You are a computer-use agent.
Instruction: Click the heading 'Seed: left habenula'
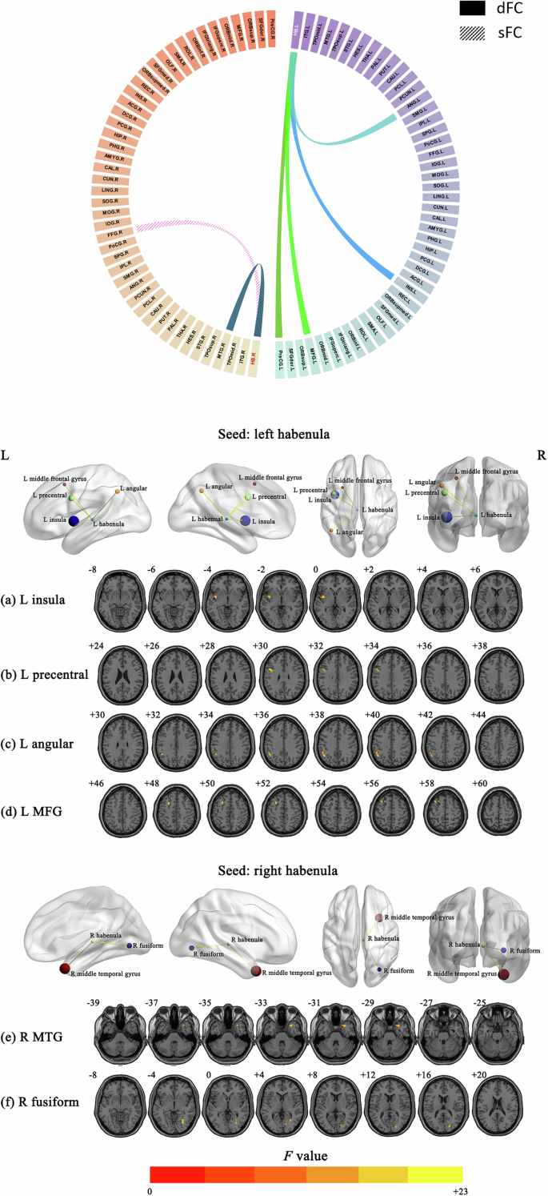click(x=275, y=435)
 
